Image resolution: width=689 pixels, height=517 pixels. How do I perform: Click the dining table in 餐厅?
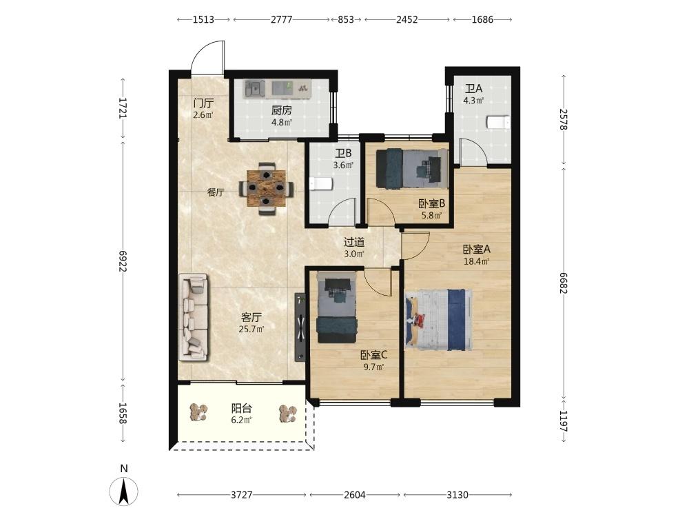point(266,188)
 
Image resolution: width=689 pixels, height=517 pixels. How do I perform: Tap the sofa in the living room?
point(193,317)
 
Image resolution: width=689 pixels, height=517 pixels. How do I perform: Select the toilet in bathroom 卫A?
point(498,122)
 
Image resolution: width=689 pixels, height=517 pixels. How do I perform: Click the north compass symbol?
point(124,490)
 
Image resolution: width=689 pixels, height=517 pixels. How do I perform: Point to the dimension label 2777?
point(281,19)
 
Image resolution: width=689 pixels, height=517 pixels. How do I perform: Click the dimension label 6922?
point(123,261)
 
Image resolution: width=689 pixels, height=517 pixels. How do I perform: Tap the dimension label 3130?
point(457,495)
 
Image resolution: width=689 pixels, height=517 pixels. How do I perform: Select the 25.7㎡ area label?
point(251,329)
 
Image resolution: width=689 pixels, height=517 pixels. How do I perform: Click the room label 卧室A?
point(477,250)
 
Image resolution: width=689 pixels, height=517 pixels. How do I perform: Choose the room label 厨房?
point(281,110)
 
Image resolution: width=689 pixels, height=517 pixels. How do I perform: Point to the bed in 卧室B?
point(412,168)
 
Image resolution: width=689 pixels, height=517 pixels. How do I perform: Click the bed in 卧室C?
point(337,307)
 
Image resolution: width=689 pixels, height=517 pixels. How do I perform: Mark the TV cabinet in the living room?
point(300,327)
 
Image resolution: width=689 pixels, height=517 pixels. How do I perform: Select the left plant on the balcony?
point(199,412)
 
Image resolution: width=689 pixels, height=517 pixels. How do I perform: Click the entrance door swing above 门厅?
point(208,57)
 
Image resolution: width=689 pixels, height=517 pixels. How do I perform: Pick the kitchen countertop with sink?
point(277,88)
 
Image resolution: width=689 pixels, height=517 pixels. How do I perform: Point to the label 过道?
point(354,242)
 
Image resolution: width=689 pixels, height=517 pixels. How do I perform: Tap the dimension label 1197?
point(564,421)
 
